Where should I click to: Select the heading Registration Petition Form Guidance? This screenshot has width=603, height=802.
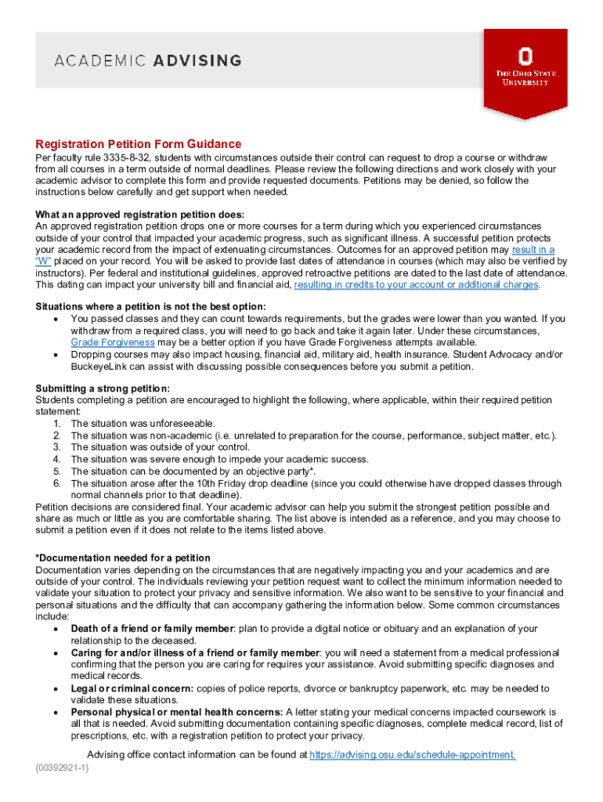(x=139, y=144)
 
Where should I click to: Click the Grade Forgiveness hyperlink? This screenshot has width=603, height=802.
(x=112, y=342)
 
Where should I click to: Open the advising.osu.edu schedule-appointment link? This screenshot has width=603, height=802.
(x=412, y=755)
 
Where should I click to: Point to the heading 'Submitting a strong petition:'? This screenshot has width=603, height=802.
(x=103, y=388)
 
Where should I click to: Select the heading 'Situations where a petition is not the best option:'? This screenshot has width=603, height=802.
(x=151, y=305)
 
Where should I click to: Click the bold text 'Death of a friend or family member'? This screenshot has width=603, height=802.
(x=152, y=629)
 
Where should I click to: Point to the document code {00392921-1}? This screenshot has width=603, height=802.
(x=63, y=767)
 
